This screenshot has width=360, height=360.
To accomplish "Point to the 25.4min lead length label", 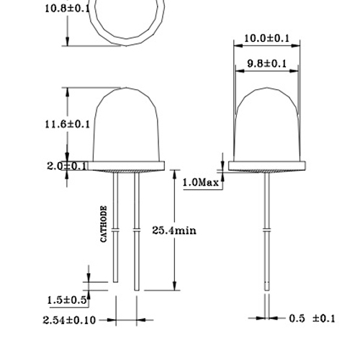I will pyautogui.click(x=175, y=231).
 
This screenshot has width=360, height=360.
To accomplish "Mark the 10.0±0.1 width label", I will pyautogui.click(x=268, y=37).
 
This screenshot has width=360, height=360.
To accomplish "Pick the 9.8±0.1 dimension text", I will pyautogui.click(x=267, y=64).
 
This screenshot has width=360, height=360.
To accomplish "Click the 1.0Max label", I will pyautogui.click(x=201, y=183).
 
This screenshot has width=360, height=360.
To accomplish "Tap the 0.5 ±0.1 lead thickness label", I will pyautogui.click(x=312, y=318).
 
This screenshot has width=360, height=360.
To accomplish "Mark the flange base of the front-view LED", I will pyautogui.click(x=126, y=166).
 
